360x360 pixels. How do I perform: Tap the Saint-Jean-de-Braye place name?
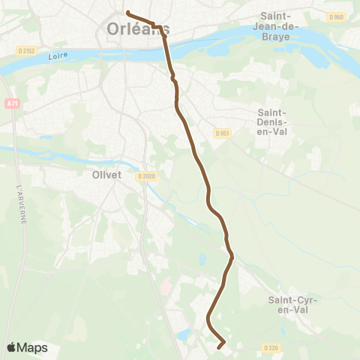click(x=279, y=26)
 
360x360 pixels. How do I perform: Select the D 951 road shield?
click(x=221, y=133)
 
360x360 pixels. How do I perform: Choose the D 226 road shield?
click(x=271, y=347)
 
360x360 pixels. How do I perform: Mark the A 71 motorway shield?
click(x=11, y=103)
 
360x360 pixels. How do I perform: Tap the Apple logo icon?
click(x=12, y=347)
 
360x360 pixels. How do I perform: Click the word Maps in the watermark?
click(x=33, y=347)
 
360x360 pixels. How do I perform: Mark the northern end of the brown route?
click(x=127, y=12)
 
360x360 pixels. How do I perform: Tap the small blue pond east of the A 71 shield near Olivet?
click(x=201, y=259)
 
